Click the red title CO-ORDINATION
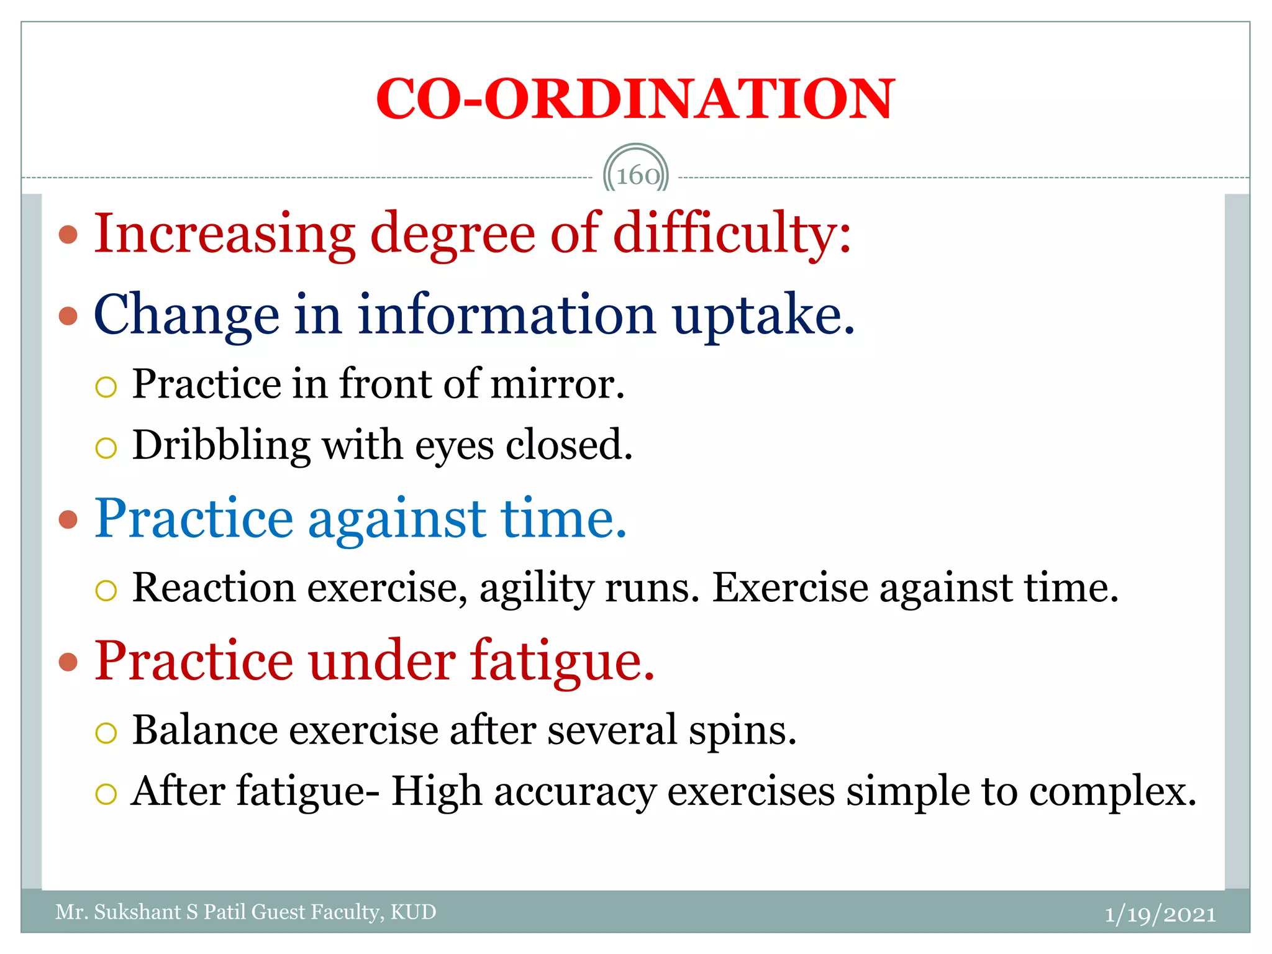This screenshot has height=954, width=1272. pyautogui.click(x=635, y=99)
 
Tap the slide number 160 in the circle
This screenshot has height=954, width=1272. pyautogui.click(x=637, y=176)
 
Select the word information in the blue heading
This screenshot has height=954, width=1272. pyautogui.click(x=506, y=316)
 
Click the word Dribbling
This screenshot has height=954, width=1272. pyautogui.click(x=221, y=445)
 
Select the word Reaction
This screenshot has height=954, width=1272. pyautogui.click(x=214, y=588)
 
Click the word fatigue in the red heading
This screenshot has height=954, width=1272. pyautogui.click(x=561, y=662)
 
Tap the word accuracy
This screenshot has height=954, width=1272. pyautogui.click(x=575, y=793)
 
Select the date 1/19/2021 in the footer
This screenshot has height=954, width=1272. pyautogui.click(x=1160, y=914)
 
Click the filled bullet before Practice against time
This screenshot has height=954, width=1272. pyautogui.click(x=68, y=519)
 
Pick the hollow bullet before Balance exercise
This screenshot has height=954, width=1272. pyautogui.click(x=106, y=733)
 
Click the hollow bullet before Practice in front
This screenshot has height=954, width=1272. pyautogui.click(x=106, y=387)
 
